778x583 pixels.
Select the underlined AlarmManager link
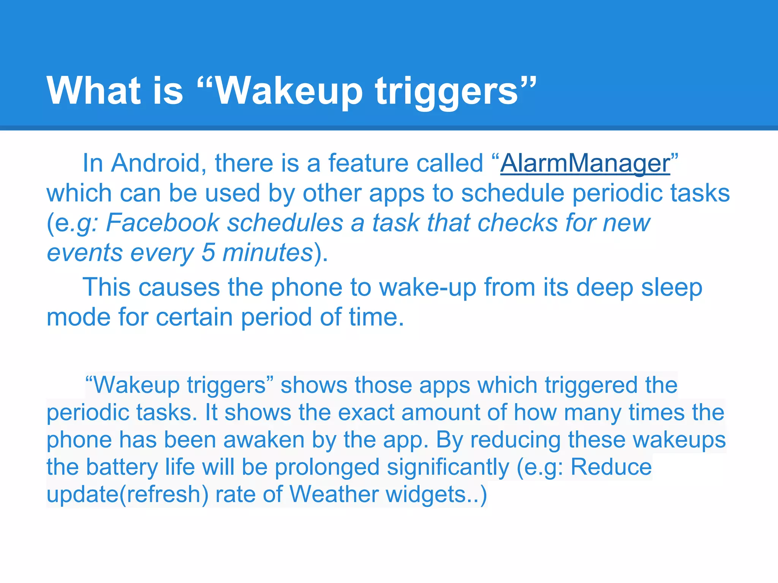(x=585, y=163)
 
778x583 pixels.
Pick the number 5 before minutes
(x=208, y=252)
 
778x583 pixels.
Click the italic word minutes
(x=267, y=252)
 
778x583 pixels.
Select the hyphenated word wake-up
(x=428, y=287)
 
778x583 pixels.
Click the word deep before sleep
(x=604, y=288)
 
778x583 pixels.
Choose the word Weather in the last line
(x=334, y=494)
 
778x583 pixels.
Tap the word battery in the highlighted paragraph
(x=122, y=467)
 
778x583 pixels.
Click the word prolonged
(x=327, y=467)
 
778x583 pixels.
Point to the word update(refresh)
(x=127, y=495)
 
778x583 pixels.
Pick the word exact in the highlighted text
(x=366, y=413)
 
